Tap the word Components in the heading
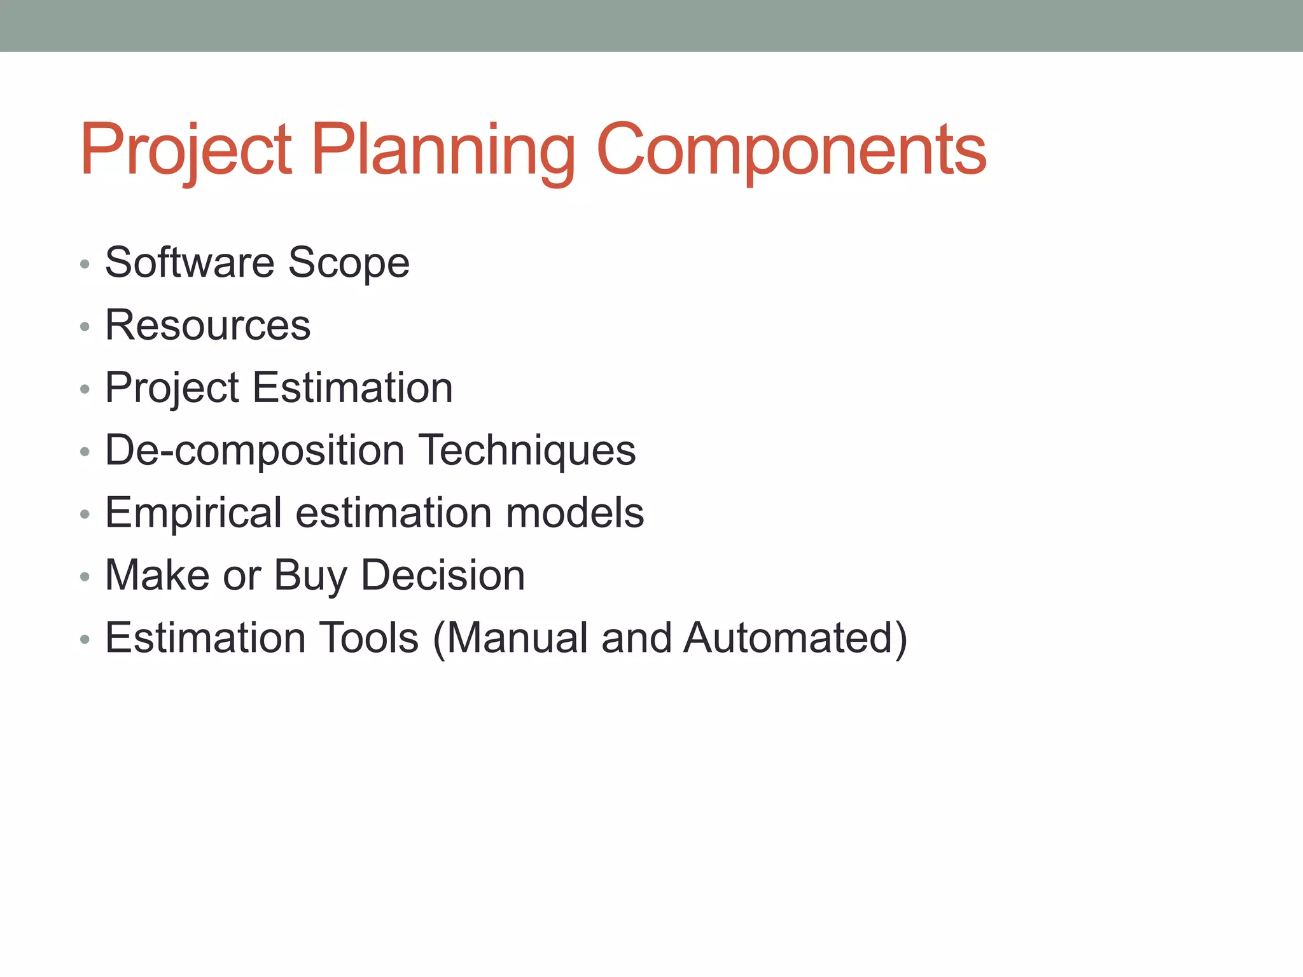[791, 151]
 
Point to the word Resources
[208, 325]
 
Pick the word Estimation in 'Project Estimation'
[352, 387]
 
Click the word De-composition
[254, 450]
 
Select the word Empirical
[193, 513]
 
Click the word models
[575, 513]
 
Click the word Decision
[443, 575]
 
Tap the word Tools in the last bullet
[368, 637]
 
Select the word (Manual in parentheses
[512, 638]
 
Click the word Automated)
[795, 638]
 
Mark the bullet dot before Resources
[85, 327]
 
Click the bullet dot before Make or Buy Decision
[85, 577]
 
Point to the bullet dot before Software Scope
[85, 264]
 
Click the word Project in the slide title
[186, 151]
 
